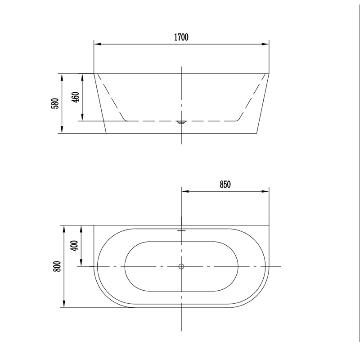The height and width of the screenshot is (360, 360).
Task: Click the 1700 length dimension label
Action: point(181,37)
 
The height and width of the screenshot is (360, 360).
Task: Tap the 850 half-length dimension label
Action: point(225,184)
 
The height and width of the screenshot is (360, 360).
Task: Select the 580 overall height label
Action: point(55,103)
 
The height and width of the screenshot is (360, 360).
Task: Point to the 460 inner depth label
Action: point(76,97)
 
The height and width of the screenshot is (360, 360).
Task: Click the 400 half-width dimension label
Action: point(75,245)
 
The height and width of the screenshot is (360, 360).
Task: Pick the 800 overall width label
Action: point(57,266)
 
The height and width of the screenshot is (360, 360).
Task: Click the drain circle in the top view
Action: point(181,266)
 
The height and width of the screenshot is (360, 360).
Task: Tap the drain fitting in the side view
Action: point(181,122)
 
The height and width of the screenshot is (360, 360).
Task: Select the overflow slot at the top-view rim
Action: point(181,230)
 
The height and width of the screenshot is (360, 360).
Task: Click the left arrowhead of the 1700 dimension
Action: point(98,44)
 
